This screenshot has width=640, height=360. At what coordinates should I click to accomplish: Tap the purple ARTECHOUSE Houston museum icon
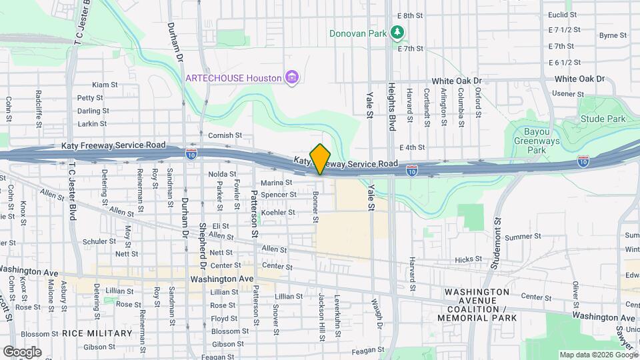point(291,78)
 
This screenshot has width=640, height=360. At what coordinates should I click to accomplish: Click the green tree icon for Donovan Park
point(397,32)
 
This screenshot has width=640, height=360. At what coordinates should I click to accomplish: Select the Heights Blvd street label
point(392,106)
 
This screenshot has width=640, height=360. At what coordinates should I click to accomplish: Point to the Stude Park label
point(603,119)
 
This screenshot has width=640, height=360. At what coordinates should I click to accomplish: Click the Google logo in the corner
point(22,352)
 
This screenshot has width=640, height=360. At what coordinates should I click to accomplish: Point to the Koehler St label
point(278,212)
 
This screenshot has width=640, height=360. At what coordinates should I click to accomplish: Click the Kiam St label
point(105,85)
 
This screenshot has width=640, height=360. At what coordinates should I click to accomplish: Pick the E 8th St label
point(410,15)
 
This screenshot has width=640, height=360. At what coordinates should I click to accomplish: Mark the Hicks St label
point(468,259)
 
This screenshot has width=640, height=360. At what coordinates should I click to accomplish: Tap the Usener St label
point(568,93)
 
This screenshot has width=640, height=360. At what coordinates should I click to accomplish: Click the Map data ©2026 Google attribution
point(598,355)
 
